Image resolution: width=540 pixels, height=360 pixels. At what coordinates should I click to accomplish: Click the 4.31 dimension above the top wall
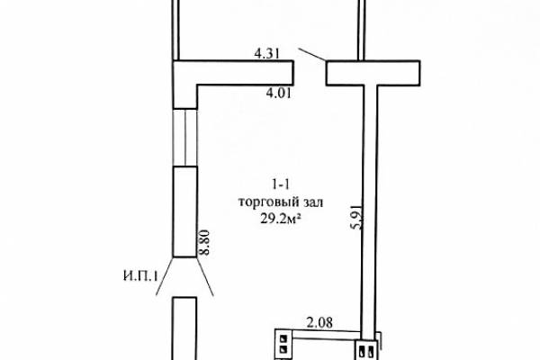(x=266, y=53)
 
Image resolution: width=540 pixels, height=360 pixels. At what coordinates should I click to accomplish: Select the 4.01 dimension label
(x=279, y=93)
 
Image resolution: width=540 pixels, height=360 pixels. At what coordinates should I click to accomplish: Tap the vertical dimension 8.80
(x=204, y=242)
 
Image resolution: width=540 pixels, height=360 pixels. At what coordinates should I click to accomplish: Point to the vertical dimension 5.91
(x=357, y=217)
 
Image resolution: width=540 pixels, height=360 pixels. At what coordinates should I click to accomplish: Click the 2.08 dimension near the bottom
(x=319, y=322)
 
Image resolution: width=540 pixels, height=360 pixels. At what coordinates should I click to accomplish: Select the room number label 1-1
(x=281, y=185)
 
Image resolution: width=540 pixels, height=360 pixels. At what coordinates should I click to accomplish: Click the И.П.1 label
(x=140, y=276)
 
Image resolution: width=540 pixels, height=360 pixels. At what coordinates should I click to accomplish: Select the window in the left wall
(x=184, y=138)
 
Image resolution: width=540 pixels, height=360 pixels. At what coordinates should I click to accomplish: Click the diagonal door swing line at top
(x=312, y=54)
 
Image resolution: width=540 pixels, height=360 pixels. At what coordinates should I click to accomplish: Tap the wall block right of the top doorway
(x=373, y=73)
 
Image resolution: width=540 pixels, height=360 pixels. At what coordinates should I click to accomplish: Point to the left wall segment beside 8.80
(x=184, y=211)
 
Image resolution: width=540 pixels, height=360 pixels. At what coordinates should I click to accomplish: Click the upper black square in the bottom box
(x=283, y=338)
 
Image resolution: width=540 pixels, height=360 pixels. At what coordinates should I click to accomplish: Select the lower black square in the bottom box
(x=283, y=349)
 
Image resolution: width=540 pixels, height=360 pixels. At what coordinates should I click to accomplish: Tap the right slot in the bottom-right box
(x=371, y=351)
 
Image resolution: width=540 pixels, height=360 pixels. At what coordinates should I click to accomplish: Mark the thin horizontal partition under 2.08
(x=327, y=334)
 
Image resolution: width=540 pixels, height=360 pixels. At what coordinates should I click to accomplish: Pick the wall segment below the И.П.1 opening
(x=184, y=328)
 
